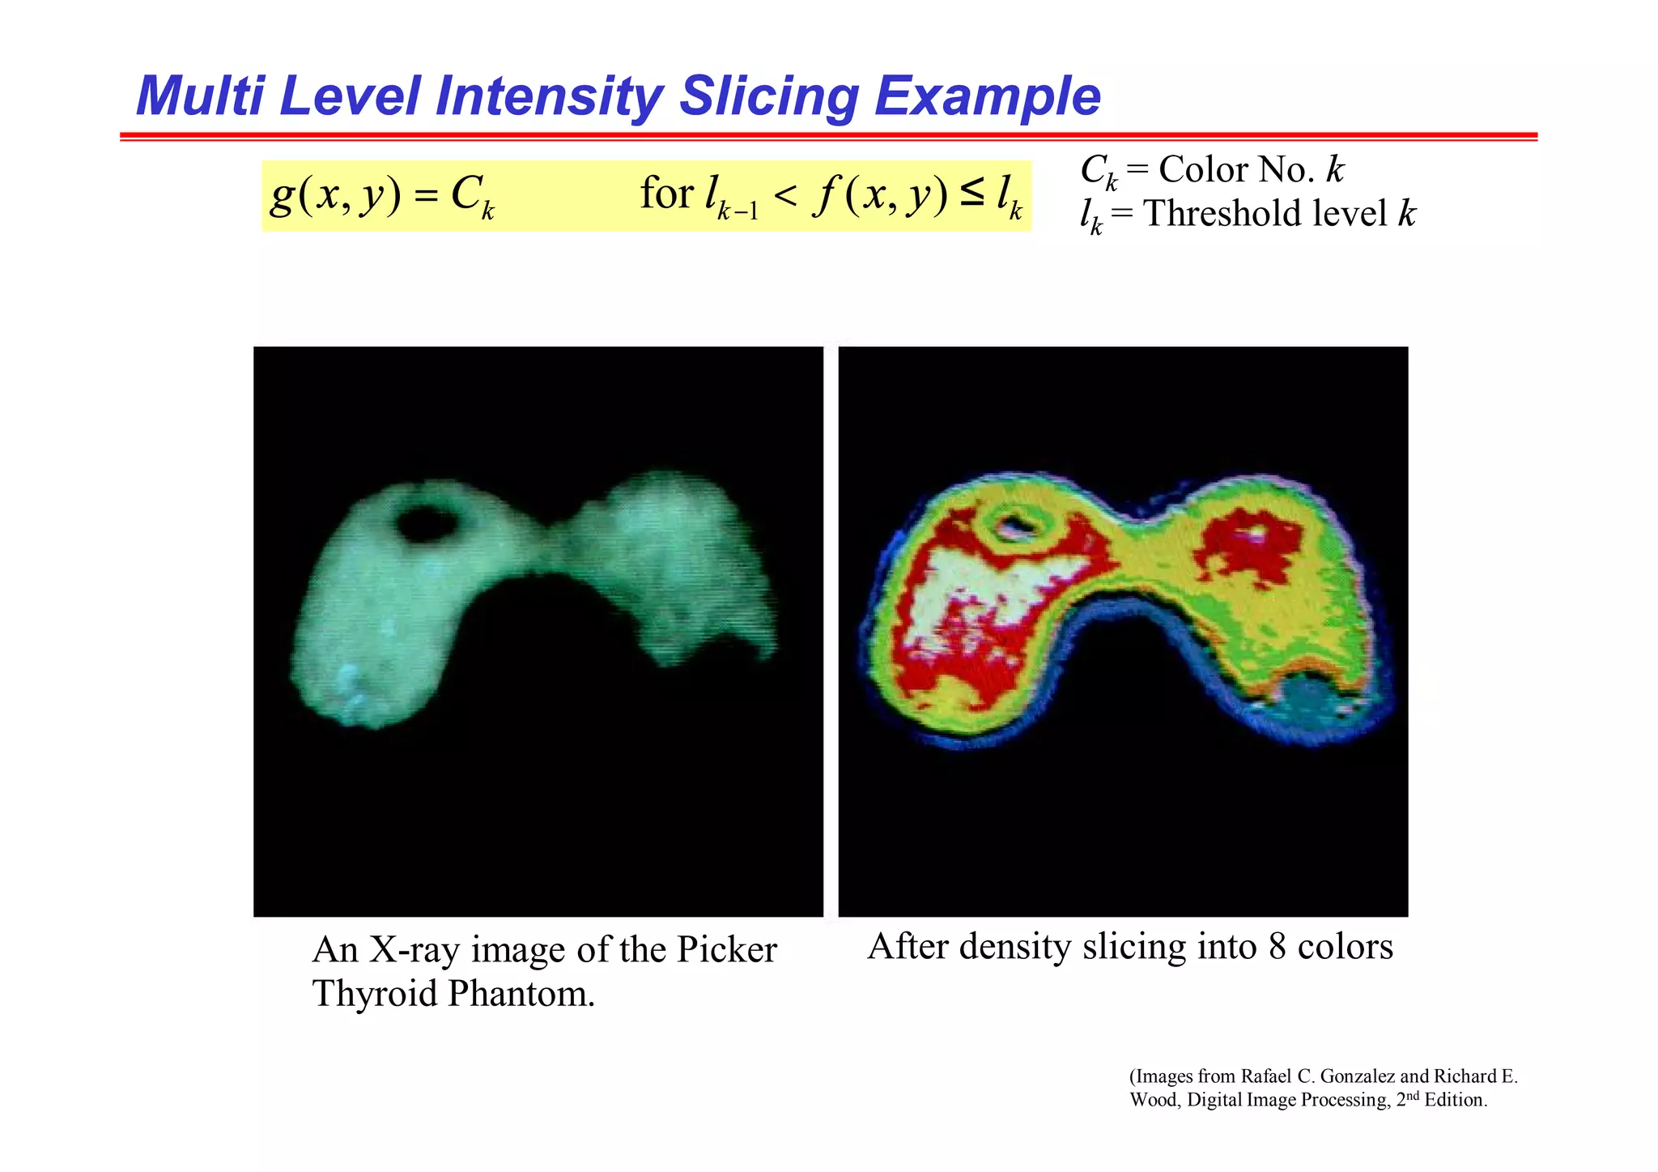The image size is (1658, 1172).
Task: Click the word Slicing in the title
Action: coord(768,97)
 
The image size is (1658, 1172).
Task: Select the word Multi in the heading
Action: coord(200,97)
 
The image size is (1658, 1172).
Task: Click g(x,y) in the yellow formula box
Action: coord(335,195)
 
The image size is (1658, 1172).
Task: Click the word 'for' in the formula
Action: coord(666,194)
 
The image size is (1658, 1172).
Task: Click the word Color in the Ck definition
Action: coord(1204,170)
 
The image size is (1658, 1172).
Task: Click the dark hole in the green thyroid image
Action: coord(425,525)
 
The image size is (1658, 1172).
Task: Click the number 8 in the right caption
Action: coord(1278,947)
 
